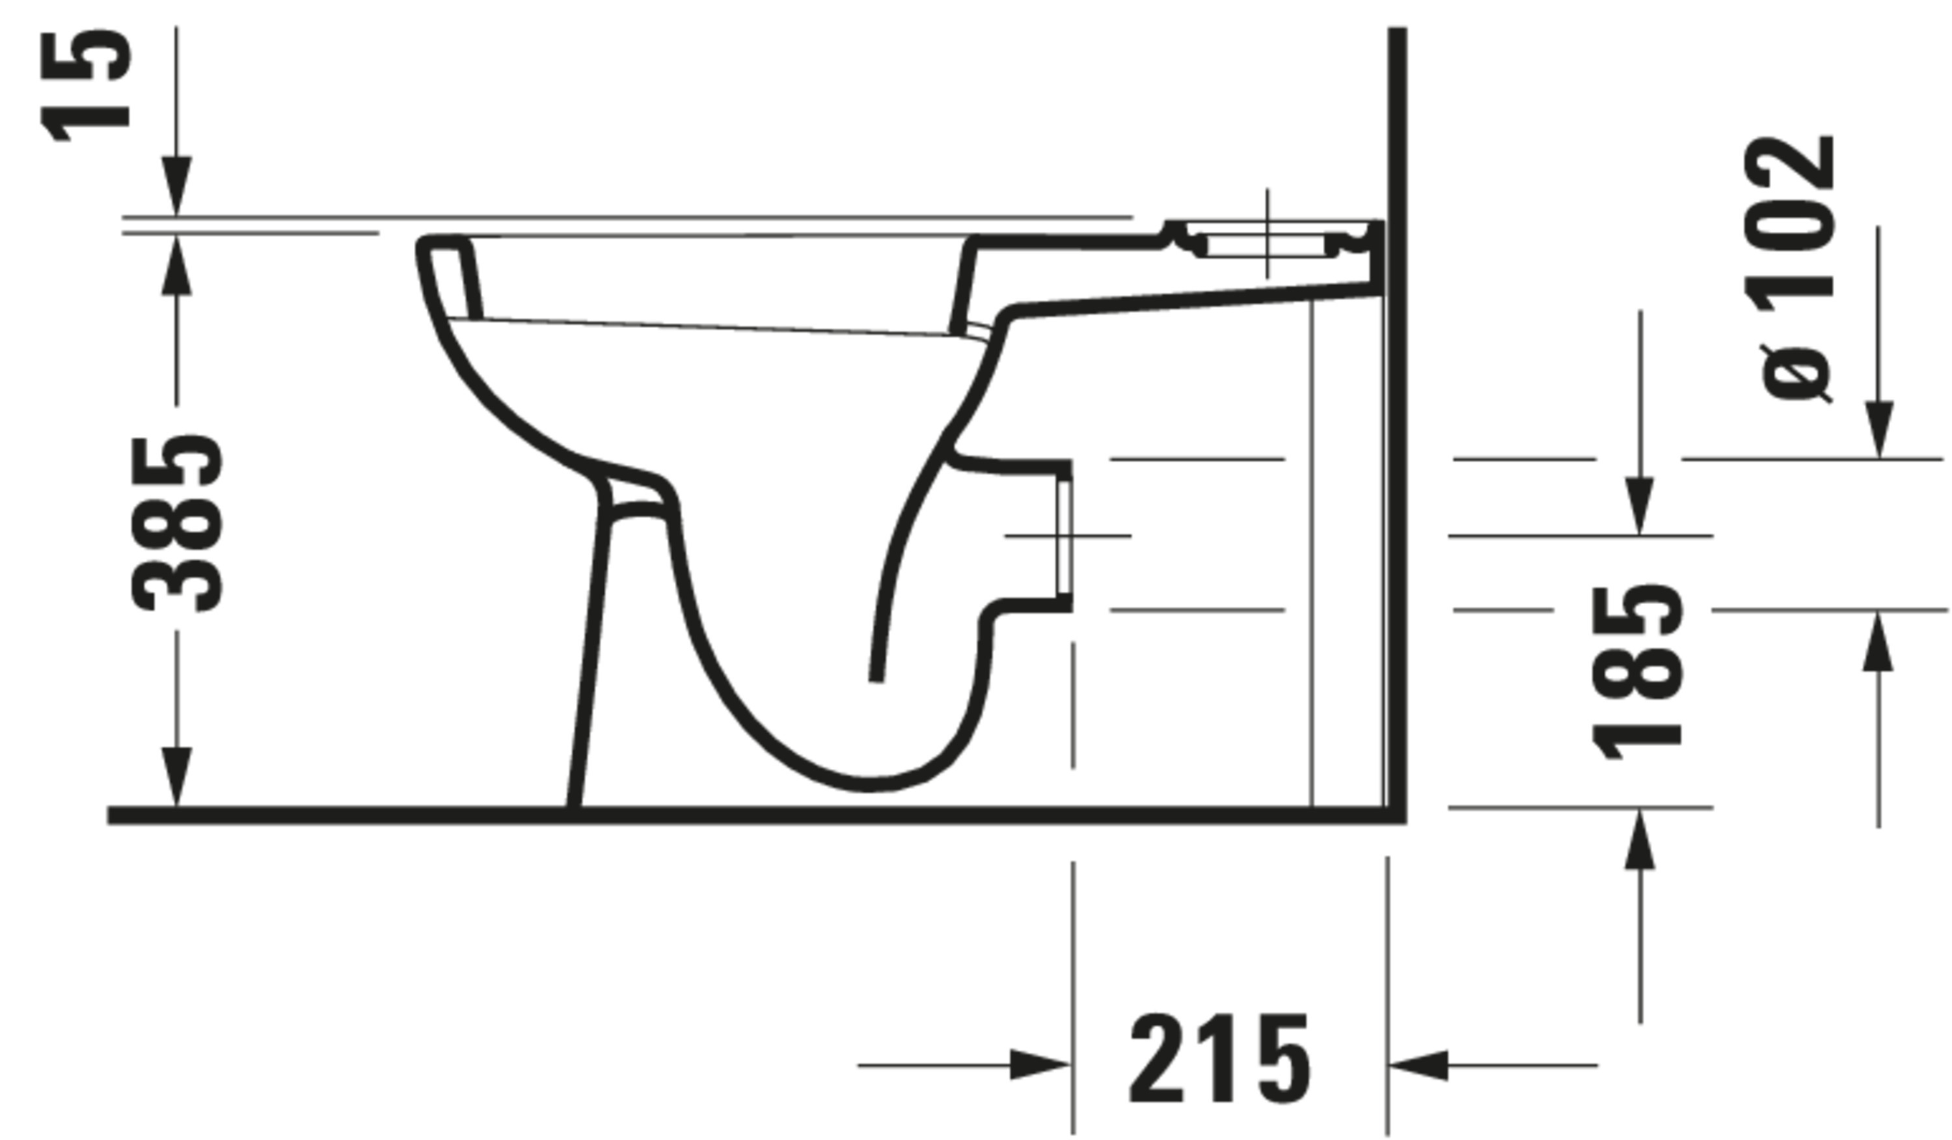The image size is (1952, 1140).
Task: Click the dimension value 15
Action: click(85, 85)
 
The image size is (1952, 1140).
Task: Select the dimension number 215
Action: click(1221, 1059)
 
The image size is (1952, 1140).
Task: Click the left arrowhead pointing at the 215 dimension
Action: click(1040, 1065)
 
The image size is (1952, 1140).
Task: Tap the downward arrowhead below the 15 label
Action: click(176, 186)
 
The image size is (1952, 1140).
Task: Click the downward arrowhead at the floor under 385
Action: click(176, 777)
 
